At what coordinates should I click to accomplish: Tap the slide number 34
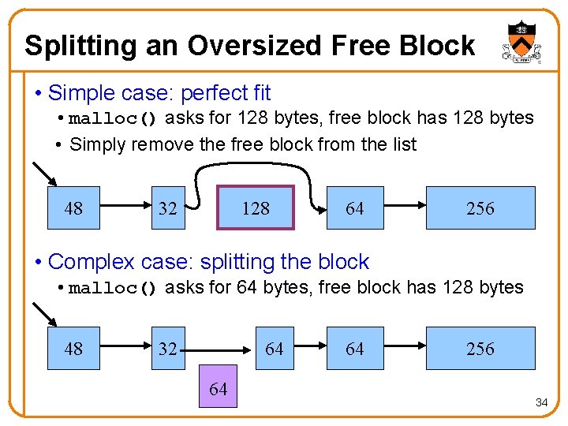pyautogui.click(x=541, y=402)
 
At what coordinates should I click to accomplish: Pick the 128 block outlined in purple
pyautogui.click(x=255, y=208)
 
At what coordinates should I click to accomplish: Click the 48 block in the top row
pyautogui.click(x=73, y=208)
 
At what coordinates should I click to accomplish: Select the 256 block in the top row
pyautogui.click(x=480, y=208)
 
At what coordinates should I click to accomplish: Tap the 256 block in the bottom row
pyautogui.click(x=480, y=349)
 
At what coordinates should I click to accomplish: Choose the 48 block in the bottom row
pyautogui.click(x=73, y=349)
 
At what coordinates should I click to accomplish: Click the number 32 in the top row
pyautogui.click(x=167, y=209)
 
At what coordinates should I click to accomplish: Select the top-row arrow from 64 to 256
pyautogui.click(x=405, y=208)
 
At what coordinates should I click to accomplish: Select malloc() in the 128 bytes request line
pyautogui.click(x=114, y=119)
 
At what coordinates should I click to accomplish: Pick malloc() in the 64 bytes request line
pyautogui.click(x=114, y=288)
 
